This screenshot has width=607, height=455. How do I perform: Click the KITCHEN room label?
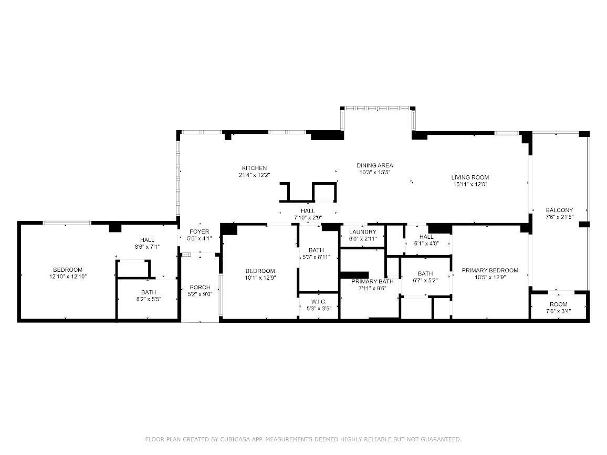click(x=254, y=168)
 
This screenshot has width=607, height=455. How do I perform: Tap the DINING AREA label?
click(x=375, y=165)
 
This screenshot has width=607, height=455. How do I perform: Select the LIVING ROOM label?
click(x=470, y=177)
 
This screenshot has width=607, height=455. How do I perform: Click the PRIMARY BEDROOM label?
click(x=490, y=270)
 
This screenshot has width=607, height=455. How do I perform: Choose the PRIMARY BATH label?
click(x=372, y=281)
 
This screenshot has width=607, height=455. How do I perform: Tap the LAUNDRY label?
click(x=363, y=232)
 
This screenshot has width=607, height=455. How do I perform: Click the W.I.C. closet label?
click(x=319, y=302)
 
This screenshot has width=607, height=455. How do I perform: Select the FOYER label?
click(x=200, y=231)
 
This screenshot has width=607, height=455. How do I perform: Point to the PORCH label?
click(x=200, y=287)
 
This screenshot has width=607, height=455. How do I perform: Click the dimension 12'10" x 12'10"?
click(x=68, y=277)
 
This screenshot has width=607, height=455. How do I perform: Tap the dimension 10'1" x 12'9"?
click(x=260, y=278)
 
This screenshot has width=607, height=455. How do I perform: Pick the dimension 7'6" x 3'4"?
click(x=558, y=311)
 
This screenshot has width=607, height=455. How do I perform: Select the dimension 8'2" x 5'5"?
click(x=148, y=299)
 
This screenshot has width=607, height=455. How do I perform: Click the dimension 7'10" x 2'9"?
click(x=308, y=217)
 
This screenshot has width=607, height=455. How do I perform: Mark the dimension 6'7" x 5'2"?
click(x=425, y=281)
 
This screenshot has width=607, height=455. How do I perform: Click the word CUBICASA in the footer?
click(x=236, y=439)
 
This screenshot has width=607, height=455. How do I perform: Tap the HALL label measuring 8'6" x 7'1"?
click(x=147, y=240)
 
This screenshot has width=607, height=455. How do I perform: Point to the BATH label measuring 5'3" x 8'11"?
click(x=316, y=250)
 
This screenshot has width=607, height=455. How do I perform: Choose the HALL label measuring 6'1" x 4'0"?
click(x=426, y=236)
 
